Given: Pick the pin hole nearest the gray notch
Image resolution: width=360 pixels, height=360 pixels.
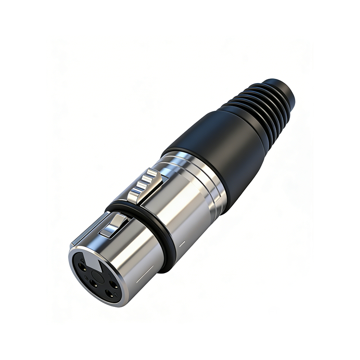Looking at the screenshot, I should pyautogui.click(x=82, y=265).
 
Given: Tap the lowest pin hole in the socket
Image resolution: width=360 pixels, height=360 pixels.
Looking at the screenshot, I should pyautogui.click(x=108, y=295).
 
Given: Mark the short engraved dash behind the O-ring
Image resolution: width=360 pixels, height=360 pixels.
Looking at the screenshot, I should pyautogui.click(x=182, y=244).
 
